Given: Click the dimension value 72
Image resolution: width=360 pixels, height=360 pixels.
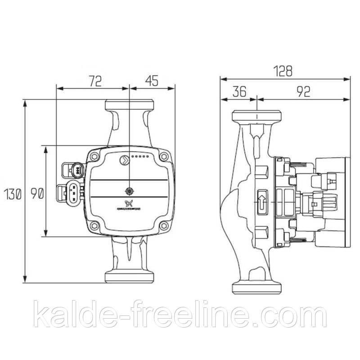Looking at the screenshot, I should [x=94, y=81].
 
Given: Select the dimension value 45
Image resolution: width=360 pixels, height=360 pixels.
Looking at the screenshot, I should [x=152, y=81].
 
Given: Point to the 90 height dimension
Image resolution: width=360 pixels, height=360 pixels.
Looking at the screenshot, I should [x=37, y=194].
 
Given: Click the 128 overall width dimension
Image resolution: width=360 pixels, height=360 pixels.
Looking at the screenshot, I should [x=284, y=71].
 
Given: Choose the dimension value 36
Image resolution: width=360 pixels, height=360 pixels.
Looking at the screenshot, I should [x=239, y=92].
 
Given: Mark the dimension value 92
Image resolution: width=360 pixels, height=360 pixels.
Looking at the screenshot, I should [x=304, y=92].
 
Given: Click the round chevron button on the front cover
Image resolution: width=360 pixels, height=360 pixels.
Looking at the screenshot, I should [x=123, y=158].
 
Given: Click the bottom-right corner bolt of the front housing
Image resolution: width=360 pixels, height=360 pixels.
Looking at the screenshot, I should [x=164, y=226].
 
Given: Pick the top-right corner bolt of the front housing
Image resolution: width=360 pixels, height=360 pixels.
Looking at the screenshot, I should [x=164, y=157].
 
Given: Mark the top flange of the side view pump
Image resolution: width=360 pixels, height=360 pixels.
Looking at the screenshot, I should [x=256, y=116].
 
